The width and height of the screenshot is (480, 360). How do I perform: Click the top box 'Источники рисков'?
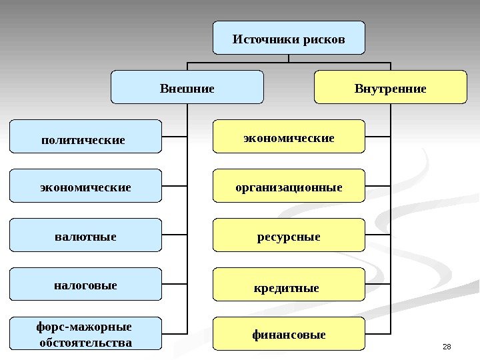[289, 37]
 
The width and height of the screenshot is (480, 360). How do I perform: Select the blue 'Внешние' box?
[187, 87]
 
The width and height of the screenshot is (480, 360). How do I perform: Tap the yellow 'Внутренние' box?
[390, 87]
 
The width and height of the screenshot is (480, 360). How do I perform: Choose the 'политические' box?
[85, 137]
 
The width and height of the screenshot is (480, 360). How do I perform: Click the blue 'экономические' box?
[85, 186]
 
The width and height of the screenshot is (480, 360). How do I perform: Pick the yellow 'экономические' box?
[289, 137]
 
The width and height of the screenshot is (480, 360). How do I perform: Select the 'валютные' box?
[85, 235]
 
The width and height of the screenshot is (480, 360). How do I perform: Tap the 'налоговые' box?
[85, 285]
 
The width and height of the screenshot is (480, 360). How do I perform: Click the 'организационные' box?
[289, 186]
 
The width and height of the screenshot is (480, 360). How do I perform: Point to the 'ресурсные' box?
[289, 235]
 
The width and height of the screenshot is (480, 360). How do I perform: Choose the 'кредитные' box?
[289, 285]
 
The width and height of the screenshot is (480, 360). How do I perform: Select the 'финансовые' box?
[289, 334]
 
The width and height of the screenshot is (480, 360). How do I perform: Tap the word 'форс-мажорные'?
[84, 327]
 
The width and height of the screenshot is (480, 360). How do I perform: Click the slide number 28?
[447, 345]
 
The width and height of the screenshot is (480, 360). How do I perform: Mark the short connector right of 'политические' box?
[175, 137]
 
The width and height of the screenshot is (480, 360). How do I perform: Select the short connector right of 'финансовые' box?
[379, 333]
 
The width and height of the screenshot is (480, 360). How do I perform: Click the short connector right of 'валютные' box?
[175, 235]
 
